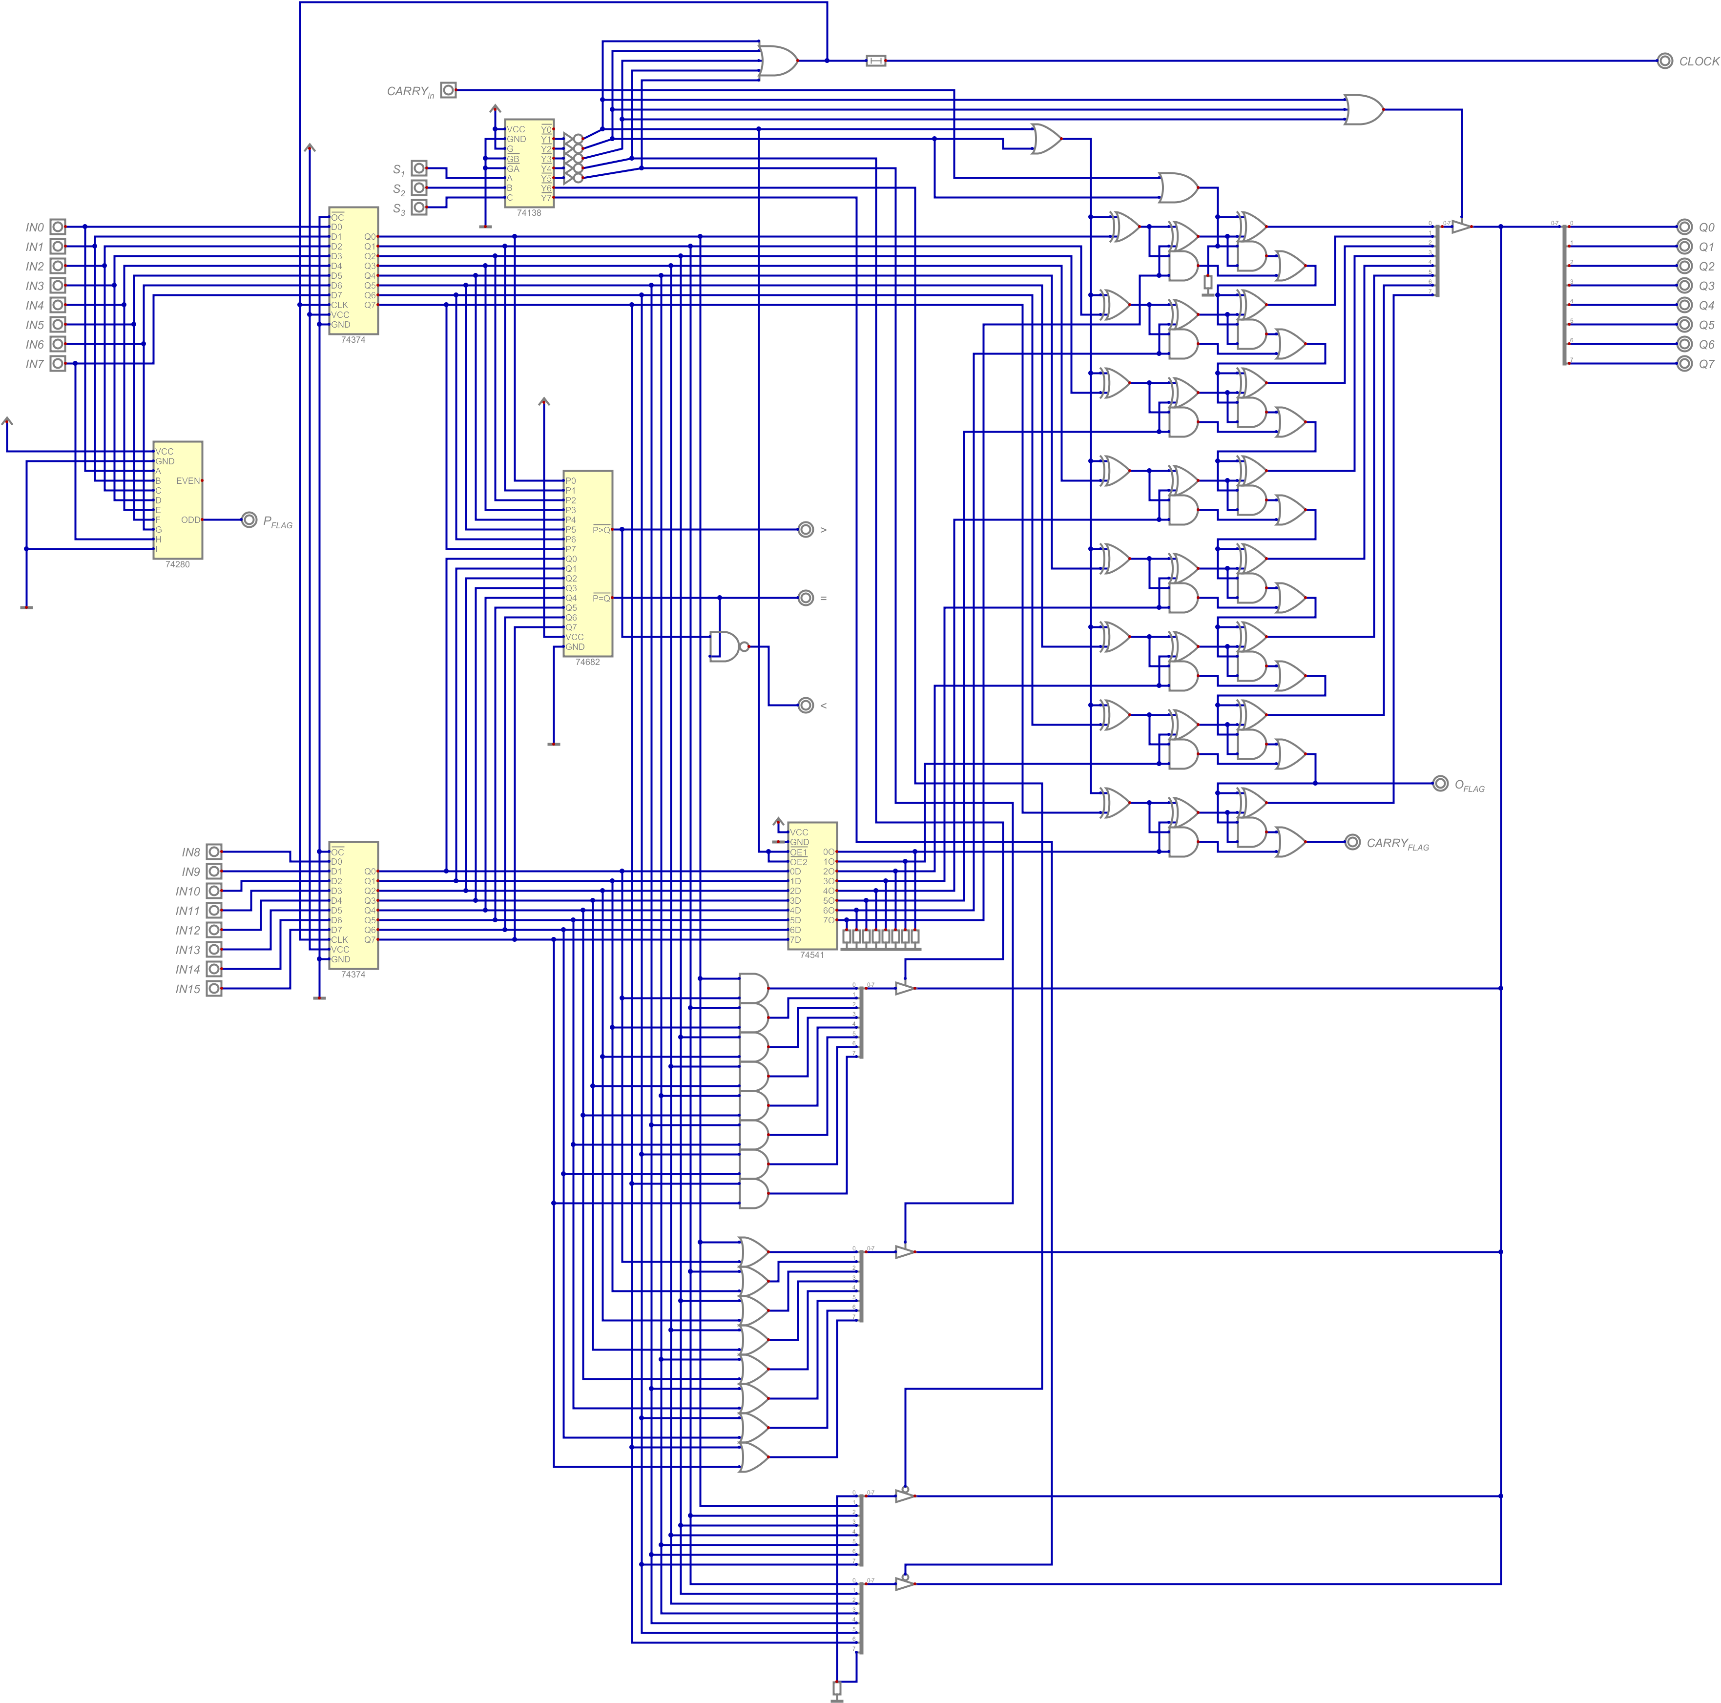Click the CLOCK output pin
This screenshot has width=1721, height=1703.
1664,61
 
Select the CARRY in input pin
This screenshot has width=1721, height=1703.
448,90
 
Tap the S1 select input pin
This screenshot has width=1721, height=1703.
419,168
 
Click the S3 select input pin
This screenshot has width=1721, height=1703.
419,208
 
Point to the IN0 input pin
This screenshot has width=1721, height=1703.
58,227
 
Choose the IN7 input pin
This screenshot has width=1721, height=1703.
58,363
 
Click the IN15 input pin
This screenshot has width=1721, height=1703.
214,989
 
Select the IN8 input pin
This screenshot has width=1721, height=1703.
214,851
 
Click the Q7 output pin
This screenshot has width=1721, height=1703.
1683,363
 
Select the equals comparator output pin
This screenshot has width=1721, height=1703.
805,598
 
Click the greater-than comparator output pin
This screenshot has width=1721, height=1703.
805,530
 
